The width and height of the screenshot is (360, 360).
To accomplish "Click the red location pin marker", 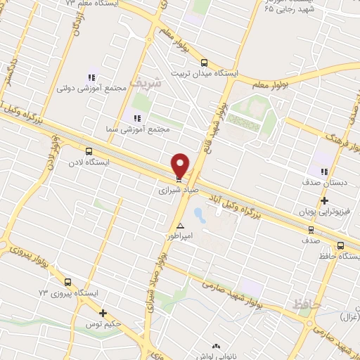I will point(181,165).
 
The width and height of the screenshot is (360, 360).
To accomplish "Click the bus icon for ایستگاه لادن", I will point(89,150).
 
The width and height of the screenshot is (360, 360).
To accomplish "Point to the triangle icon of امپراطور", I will point(181,226).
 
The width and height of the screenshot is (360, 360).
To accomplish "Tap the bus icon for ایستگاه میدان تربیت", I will point(205,62).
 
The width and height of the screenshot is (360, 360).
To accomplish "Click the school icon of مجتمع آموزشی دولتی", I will point(91,77).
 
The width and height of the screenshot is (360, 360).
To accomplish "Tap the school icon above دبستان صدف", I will point(323,171).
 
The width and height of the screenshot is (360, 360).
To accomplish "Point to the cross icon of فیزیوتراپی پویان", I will point(323,201).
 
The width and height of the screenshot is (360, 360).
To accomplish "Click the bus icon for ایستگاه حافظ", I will point(340,245).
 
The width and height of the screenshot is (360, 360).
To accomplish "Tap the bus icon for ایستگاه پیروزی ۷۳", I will point(67,281).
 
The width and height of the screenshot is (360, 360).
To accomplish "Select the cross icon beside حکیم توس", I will point(103,313).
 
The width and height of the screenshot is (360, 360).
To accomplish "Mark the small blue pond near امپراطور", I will point(198,212).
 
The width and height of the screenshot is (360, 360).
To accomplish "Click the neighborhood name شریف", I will point(148,82).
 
